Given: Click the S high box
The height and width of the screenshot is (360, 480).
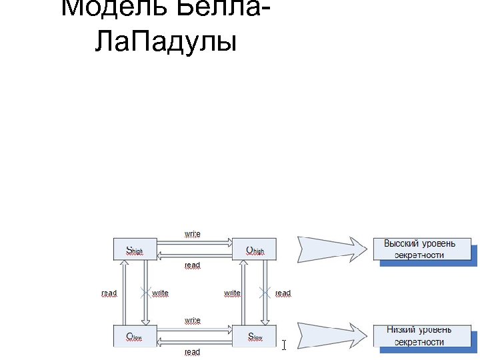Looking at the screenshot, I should click(x=135, y=250).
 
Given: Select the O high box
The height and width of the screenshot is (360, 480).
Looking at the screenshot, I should click(x=254, y=250).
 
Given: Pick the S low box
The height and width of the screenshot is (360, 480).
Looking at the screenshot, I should click(x=254, y=337).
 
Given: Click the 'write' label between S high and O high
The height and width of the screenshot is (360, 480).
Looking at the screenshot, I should click(x=193, y=234).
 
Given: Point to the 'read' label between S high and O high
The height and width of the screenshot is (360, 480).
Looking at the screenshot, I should click(x=193, y=265).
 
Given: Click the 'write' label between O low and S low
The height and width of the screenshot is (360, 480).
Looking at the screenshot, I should click(x=193, y=320).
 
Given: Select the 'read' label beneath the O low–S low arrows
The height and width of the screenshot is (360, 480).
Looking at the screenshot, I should click(x=193, y=352).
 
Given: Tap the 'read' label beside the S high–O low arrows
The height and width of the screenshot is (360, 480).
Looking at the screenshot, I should click(x=109, y=293).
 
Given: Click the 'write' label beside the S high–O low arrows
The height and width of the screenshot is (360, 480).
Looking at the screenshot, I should click(x=160, y=293).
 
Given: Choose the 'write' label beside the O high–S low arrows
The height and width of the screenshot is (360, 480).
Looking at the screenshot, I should click(x=232, y=293).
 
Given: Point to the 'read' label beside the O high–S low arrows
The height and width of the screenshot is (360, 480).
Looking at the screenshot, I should click(x=283, y=293).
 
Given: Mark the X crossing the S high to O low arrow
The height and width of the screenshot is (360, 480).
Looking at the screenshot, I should click(x=144, y=293).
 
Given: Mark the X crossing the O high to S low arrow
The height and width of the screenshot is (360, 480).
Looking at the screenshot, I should click(x=265, y=293).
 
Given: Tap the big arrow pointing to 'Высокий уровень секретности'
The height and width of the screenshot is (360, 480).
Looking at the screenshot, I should click(x=331, y=250).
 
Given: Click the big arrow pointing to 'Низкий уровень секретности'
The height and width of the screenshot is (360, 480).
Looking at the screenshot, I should click(x=331, y=335).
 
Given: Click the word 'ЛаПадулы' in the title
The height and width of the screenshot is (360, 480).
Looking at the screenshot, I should click(x=165, y=41).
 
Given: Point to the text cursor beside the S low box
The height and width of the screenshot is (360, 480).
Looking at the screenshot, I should click(x=284, y=345).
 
